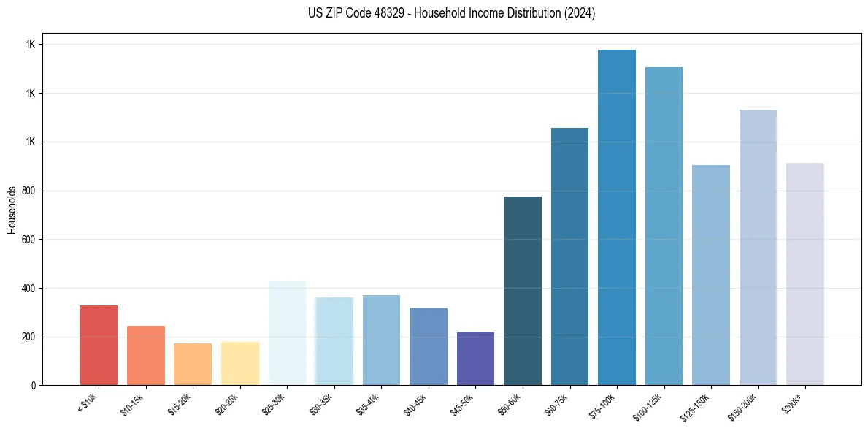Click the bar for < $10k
pos(99,345)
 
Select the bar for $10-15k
pos(146,355)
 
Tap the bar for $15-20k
pos(193,364)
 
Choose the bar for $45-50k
pos(475,358)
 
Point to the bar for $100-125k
pos(664,226)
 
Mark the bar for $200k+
pos(805,274)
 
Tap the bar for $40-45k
pos(429,346)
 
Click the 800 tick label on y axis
pos(29,191)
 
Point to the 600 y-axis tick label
pos(29,240)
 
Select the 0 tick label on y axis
pos(34,386)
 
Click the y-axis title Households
pos(12,209)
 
